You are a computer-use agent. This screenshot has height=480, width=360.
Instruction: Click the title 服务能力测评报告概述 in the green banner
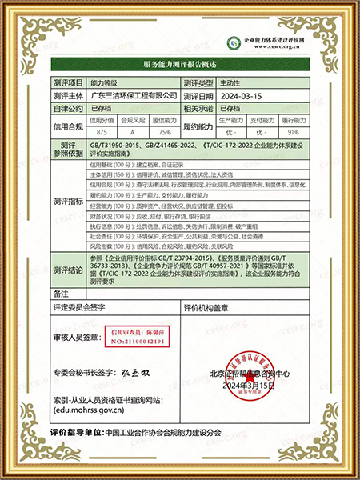pos(180,64)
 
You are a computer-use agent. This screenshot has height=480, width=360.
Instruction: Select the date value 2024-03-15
pos(239,95)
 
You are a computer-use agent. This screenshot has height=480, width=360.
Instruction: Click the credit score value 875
pos(101,131)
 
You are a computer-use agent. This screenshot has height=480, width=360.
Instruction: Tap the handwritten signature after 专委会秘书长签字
pos(138,374)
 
